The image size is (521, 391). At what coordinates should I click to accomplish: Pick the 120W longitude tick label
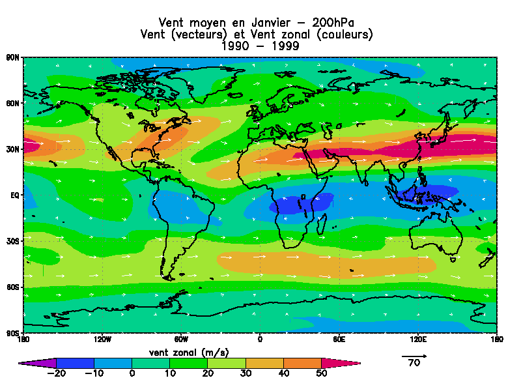(102, 339)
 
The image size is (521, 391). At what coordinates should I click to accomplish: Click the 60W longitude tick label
(181, 339)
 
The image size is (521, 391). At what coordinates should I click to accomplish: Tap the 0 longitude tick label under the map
(260, 339)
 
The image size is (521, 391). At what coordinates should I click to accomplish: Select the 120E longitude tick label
(417, 339)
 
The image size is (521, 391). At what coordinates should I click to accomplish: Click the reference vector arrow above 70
(414, 356)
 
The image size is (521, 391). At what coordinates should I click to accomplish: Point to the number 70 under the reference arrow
(414, 364)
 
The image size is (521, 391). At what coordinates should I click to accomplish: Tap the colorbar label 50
(321, 373)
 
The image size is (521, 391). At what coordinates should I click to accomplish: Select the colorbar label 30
(246, 373)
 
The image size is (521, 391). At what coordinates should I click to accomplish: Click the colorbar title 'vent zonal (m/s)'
(189, 353)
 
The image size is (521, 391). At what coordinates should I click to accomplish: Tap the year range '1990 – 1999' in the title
(260, 46)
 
